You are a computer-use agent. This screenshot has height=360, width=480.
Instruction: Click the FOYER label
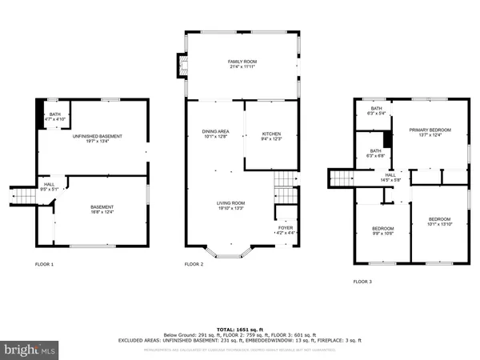[x=286, y=228]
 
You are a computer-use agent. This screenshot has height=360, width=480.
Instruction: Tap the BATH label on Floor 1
[x=55, y=114]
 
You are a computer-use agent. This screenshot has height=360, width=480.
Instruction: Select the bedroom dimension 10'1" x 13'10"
[x=439, y=225]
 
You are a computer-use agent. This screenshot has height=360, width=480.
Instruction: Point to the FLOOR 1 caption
[x=44, y=263]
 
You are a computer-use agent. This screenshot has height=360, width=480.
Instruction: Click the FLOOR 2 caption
[x=194, y=263]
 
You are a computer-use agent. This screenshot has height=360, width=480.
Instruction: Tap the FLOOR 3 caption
[x=362, y=281]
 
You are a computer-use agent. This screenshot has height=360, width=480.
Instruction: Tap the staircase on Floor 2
[x=283, y=190]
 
